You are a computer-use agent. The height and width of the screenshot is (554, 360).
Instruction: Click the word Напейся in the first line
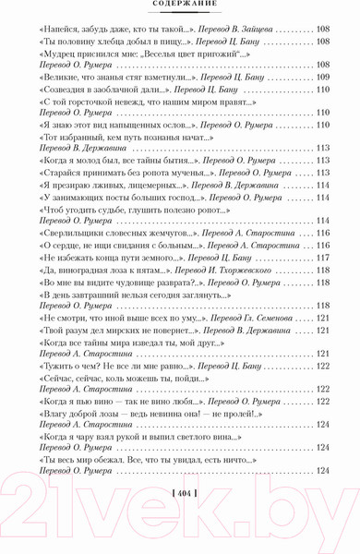(x=54, y=30)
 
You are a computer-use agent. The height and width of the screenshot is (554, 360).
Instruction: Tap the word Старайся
(x=57, y=173)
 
